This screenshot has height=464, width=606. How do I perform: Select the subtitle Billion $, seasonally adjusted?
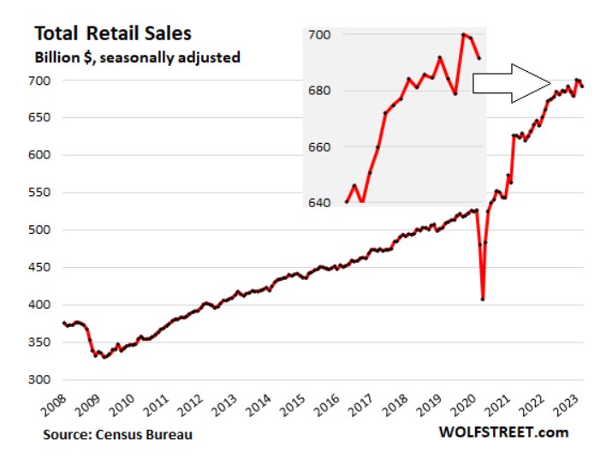click(x=137, y=58)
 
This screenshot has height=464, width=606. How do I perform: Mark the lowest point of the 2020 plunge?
click(x=484, y=299)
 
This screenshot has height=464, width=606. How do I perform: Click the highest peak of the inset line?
click(x=463, y=34)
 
